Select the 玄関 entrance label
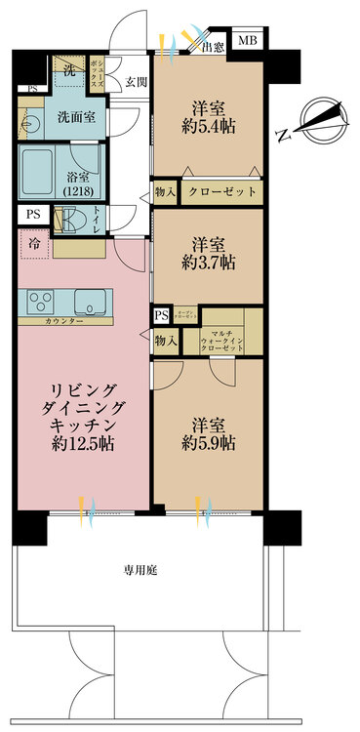135,83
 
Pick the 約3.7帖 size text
211,263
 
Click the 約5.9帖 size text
211,444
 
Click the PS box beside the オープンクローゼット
160,316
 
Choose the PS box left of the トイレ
34,215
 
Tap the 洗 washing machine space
69,70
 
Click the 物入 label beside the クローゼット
164,191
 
